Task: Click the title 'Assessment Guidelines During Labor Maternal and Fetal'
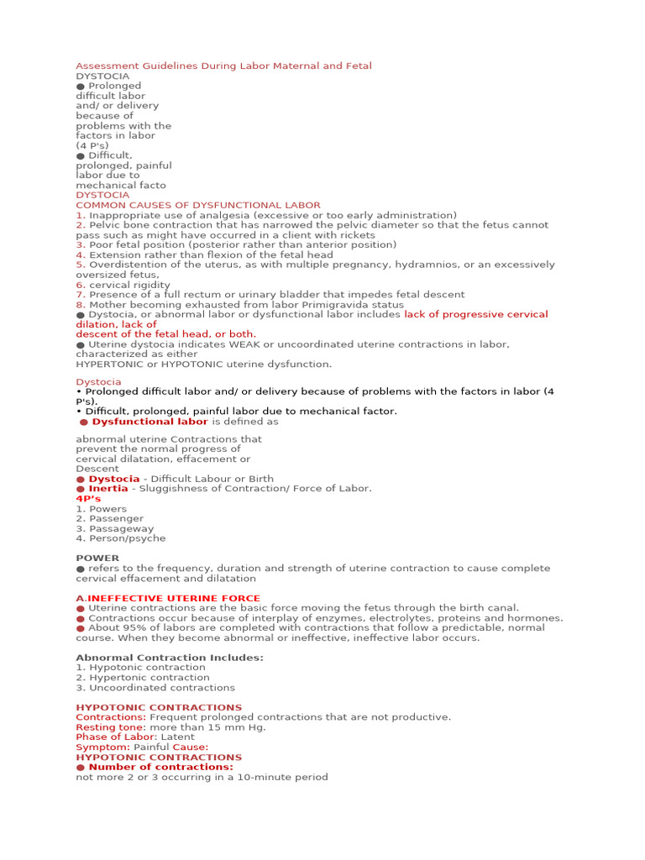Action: (223, 66)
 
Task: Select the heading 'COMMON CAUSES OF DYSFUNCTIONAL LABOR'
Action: (198, 205)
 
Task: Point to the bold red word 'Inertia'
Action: (108, 489)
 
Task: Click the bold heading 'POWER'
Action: (97, 558)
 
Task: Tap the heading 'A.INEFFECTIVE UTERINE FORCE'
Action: (156, 599)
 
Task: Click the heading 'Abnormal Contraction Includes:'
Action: (170, 658)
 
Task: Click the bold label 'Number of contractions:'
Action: (160, 767)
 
